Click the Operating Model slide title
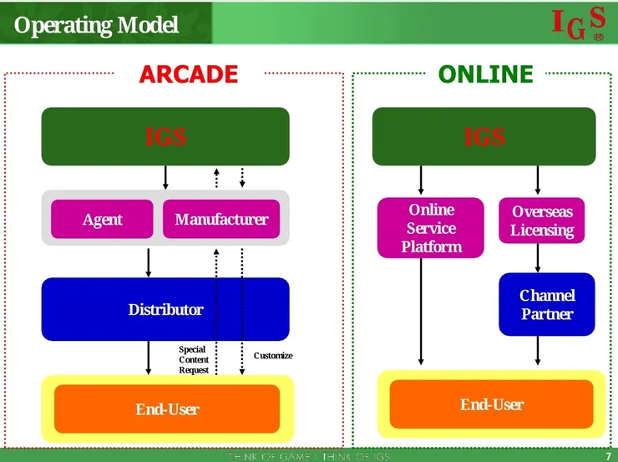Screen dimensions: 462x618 [97, 25]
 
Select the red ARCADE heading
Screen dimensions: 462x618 [188, 74]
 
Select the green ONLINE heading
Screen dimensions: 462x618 [485, 74]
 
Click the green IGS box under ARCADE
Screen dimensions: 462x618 [165, 136]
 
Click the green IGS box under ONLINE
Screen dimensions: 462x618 [484, 136]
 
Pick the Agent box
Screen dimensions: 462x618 [102, 220]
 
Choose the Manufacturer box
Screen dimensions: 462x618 [221, 220]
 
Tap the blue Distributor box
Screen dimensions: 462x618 [165, 309]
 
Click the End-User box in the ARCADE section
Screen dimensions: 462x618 [167, 409]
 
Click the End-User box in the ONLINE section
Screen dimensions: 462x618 [491, 404]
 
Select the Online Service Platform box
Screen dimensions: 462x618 [431, 228]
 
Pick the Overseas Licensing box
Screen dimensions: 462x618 [542, 221]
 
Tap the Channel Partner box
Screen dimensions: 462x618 [547, 304]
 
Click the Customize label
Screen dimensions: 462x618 [273, 356]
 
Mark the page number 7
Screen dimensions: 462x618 [608, 455]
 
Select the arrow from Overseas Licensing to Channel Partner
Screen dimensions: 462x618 [538, 258]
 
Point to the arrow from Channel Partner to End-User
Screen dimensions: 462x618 [538, 350]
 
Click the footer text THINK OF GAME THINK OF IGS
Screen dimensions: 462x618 [309, 456]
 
